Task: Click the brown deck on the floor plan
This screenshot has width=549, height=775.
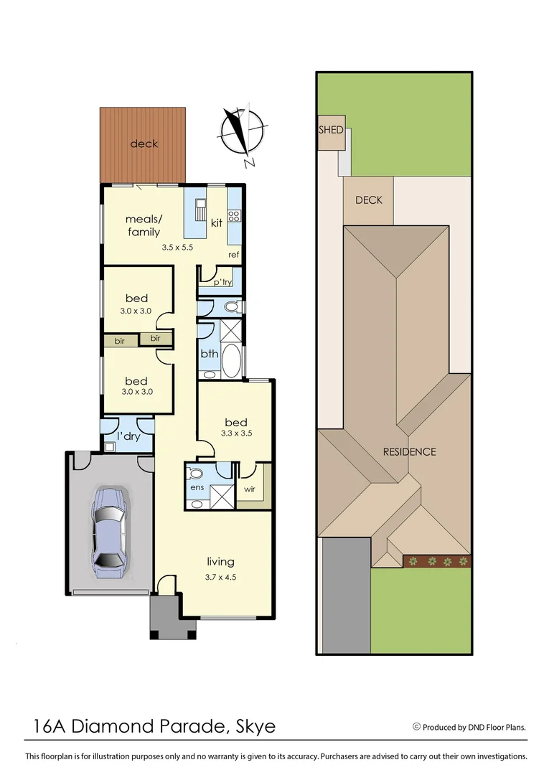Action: [x=143, y=144]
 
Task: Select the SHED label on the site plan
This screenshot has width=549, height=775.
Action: [x=331, y=131]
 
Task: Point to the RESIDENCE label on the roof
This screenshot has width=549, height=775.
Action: [x=409, y=452]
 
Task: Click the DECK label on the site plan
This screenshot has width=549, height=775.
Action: [x=369, y=200]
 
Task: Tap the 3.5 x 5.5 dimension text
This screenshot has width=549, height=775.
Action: [x=178, y=248]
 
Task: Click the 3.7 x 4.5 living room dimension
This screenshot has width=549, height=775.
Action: [x=221, y=576]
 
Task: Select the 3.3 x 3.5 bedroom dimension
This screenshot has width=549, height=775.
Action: [x=235, y=434]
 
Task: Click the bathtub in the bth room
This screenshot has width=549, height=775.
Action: [x=231, y=361]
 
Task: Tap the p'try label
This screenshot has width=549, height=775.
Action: [x=222, y=283]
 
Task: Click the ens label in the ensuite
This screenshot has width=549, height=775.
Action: [x=197, y=488]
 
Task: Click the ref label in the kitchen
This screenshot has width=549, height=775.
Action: [x=233, y=255]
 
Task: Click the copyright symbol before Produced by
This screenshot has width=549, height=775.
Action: [x=416, y=726]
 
